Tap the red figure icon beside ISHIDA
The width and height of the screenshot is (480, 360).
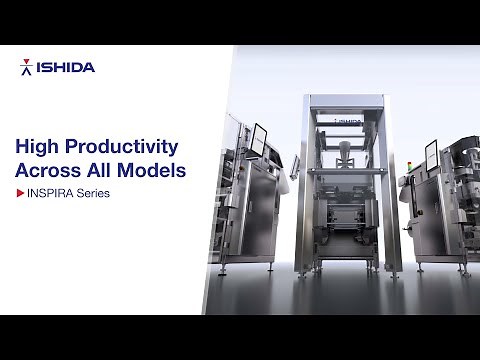26,68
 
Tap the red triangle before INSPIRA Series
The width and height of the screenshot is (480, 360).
20,193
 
